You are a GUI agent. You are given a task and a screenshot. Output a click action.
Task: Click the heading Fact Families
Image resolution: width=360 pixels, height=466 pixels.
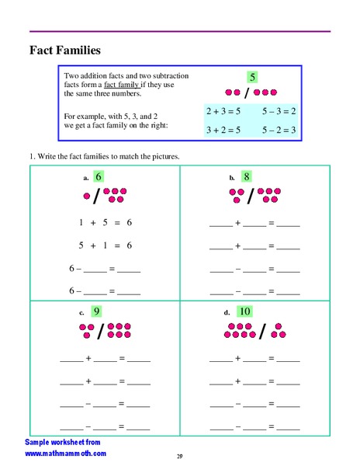pos(65,51)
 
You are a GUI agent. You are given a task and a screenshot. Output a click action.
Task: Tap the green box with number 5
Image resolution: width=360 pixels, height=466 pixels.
pos(252,77)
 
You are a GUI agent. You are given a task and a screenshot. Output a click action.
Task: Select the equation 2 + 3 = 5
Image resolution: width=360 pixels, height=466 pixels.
pos(223,112)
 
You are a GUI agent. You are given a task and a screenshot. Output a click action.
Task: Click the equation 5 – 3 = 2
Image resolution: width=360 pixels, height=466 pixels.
pos(279,112)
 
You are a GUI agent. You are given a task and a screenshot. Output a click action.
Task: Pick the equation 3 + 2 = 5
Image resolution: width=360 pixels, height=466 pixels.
pos(223,130)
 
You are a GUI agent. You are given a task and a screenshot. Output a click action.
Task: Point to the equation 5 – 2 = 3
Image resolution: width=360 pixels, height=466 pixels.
pos(279,130)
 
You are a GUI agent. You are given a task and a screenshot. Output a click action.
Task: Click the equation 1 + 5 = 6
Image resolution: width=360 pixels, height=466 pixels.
pos(105,223)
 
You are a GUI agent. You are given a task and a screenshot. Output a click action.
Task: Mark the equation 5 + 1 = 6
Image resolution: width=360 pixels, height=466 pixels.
pos(105,245)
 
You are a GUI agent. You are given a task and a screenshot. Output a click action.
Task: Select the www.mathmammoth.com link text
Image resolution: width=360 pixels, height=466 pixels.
pos(66,453)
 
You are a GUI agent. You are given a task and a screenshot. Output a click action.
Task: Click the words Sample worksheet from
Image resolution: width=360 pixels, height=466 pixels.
pos(61,441)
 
